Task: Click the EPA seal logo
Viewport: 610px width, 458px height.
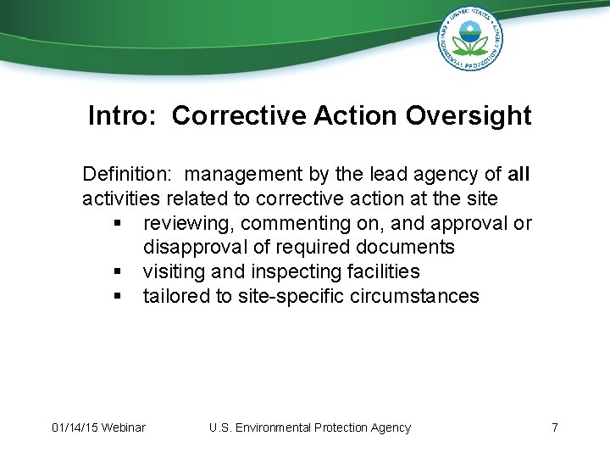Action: tap(470, 39)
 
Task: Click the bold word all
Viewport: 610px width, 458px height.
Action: tap(518, 175)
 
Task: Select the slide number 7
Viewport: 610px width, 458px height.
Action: tap(554, 427)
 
